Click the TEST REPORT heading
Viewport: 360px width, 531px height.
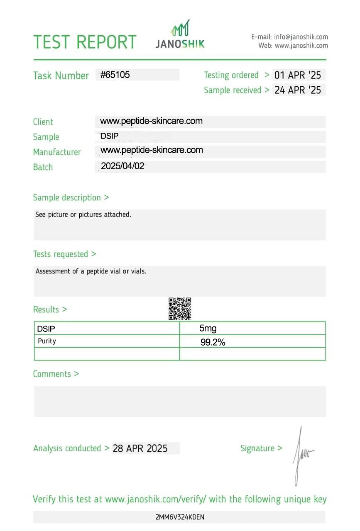point(85,42)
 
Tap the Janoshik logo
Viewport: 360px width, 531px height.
point(180,34)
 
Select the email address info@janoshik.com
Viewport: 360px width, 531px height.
point(301,37)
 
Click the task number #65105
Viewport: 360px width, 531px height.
point(115,75)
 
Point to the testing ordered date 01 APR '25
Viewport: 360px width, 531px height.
point(298,75)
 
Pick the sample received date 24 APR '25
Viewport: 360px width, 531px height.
point(298,90)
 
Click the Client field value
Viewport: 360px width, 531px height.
point(151,121)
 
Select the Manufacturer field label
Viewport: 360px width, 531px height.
point(57,152)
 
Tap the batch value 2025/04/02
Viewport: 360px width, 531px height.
point(122,166)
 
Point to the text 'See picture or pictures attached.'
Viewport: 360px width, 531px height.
point(83,214)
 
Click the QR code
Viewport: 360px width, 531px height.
point(180,309)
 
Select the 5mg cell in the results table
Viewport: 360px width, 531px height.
point(208,329)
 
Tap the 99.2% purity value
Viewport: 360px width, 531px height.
point(213,342)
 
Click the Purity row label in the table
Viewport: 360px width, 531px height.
point(47,341)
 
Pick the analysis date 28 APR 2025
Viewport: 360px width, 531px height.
point(140,448)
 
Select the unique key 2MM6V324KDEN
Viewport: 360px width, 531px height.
point(180,517)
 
